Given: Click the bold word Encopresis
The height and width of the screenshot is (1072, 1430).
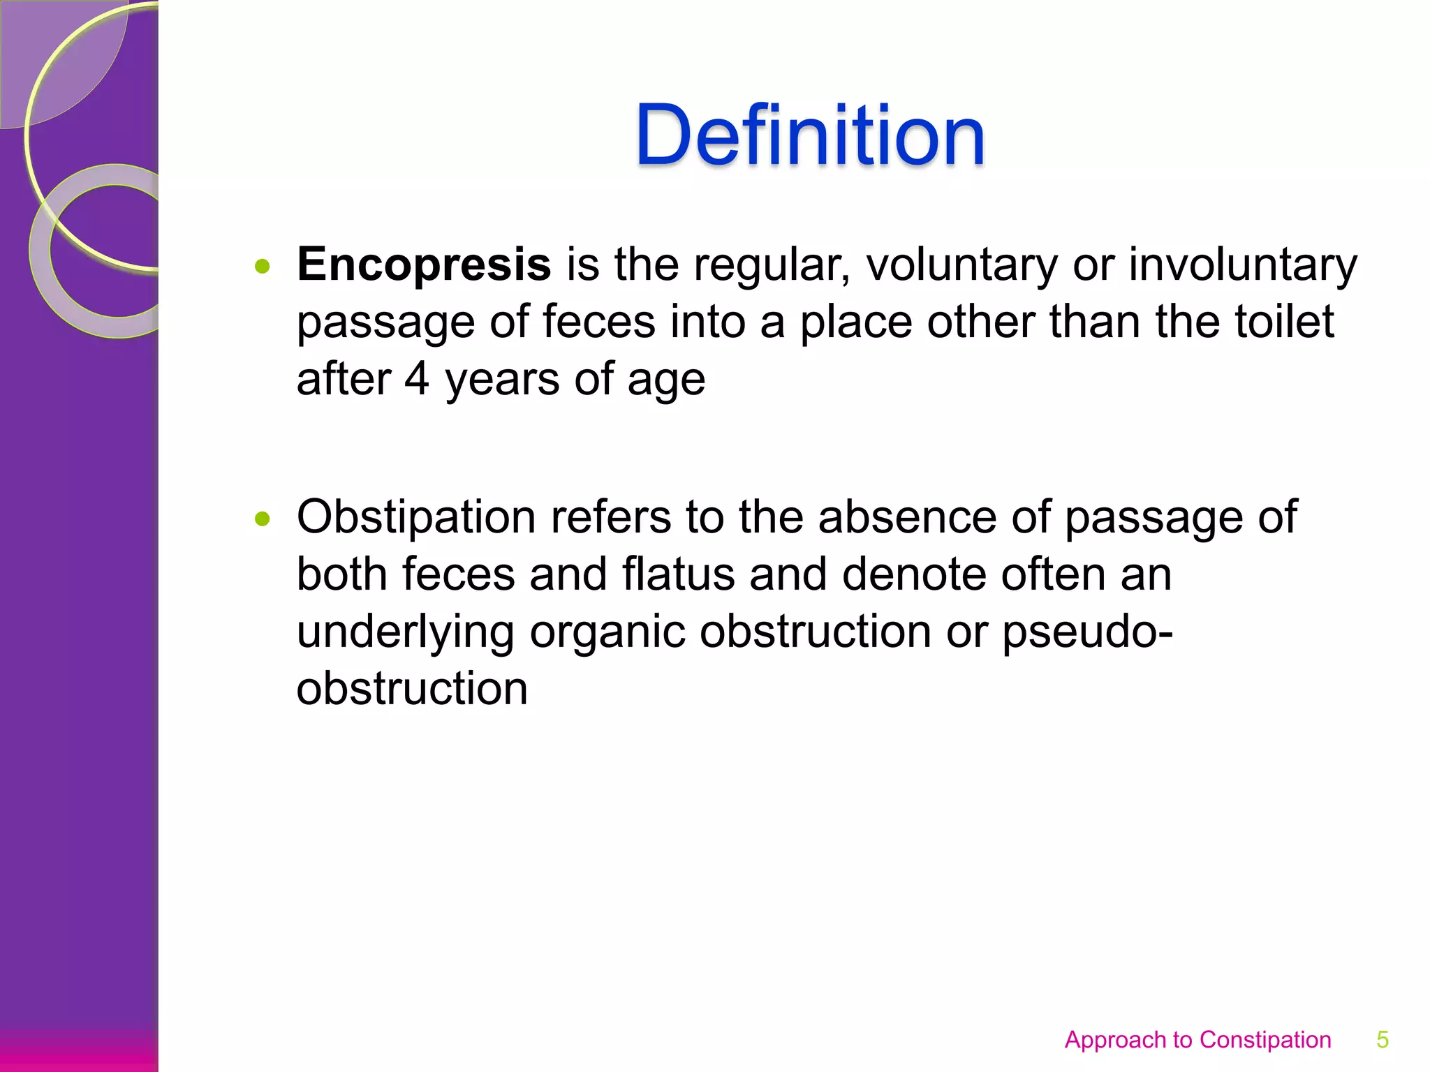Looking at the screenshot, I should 424,265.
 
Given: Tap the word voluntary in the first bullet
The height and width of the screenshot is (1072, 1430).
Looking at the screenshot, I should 961,266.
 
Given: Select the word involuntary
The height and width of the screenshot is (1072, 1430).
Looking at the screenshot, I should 1243,266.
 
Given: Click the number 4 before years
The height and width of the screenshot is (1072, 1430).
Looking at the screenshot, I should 417,379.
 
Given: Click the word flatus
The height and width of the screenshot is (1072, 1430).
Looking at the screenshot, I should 678,574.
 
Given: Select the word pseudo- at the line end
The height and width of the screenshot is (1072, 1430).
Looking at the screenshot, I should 1087,632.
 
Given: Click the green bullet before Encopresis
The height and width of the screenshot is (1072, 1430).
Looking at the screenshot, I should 263,266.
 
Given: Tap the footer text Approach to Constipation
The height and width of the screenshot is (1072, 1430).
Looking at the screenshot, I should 1197,1039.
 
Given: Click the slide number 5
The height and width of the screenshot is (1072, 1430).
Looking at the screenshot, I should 1382,1039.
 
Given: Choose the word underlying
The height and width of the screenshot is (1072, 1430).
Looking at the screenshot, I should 405,632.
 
